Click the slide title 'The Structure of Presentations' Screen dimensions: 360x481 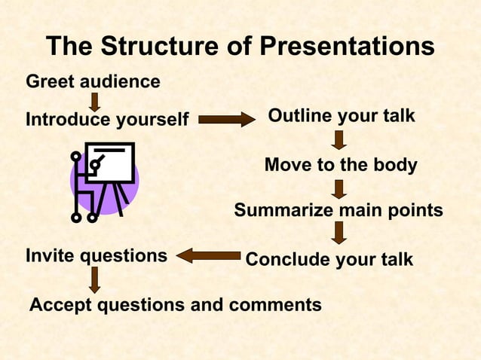tap(240, 47)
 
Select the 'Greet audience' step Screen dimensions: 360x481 tap(93, 81)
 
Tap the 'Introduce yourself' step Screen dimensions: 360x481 tap(107, 120)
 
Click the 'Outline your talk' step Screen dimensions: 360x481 tap(341, 117)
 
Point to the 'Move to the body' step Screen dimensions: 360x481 tap(341, 165)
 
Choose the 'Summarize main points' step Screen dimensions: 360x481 tap(339, 210)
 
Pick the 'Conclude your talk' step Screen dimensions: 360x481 tap(329, 260)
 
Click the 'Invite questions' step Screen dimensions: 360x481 tap(97, 255)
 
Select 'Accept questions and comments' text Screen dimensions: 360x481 tap(175, 305)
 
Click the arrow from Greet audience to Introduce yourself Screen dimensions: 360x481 tap(95, 102)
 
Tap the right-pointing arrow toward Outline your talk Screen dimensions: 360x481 tap(226, 119)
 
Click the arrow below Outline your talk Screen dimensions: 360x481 tap(339, 140)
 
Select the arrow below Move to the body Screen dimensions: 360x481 tap(339, 188)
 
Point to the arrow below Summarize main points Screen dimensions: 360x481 tap(339, 233)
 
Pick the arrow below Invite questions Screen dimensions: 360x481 tap(95, 279)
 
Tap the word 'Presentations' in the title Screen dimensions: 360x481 tap(348, 47)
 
